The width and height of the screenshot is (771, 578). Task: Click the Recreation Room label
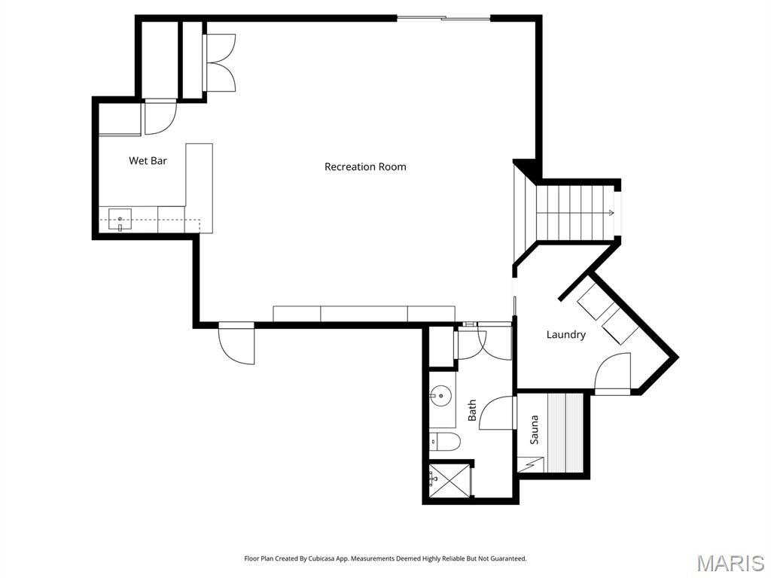pos(365,166)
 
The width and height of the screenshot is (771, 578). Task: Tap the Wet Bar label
pos(148,160)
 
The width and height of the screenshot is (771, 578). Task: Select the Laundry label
pos(565,334)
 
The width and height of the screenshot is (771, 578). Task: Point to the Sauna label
pos(535,429)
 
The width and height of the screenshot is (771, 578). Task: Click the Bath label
pos(473,409)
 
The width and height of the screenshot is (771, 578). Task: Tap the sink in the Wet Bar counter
pos(120,221)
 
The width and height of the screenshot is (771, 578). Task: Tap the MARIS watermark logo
pos(730,563)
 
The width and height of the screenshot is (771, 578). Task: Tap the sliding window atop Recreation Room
pos(443,18)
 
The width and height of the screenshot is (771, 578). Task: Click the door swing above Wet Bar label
pos(160,117)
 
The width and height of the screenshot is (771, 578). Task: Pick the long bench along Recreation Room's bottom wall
pos(364,314)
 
